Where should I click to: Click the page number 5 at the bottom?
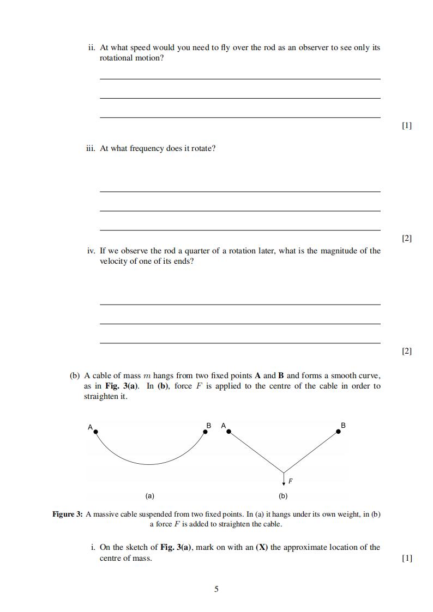coord(216,589)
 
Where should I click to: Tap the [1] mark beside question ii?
coord(406,125)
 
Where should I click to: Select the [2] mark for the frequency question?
coord(406,238)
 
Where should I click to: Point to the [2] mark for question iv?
coord(406,351)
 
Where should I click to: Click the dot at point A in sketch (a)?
coord(96,432)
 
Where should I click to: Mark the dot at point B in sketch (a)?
coord(205,432)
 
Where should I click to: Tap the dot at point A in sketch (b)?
coord(229,432)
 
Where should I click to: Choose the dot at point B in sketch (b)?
coord(339,432)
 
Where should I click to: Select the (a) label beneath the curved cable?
coord(149,496)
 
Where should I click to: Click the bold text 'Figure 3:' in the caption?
coord(67,514)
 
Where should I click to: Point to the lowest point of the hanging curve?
coord(149,464)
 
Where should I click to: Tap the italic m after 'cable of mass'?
coord(146,375)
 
